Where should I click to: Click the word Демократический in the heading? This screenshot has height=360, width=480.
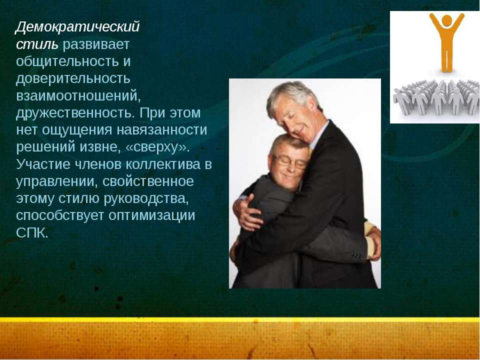click(78, 27)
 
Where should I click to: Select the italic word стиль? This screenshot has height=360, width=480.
click(36, 44)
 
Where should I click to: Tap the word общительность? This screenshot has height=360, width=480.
click(67, 61)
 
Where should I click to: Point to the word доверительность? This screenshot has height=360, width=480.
click(73, 78)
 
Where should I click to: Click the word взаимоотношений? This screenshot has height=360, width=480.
click(78, 96)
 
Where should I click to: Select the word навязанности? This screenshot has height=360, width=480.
click(161, 130)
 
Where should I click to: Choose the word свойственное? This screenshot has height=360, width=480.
click(148, 181)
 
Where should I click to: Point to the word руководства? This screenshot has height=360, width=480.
click(145, 198)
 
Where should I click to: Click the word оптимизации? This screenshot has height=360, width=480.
click(151, 215)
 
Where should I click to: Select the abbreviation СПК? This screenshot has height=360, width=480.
click(32, 233)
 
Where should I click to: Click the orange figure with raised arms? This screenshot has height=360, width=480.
click(446, 42)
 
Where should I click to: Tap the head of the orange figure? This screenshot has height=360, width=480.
click(447, 20)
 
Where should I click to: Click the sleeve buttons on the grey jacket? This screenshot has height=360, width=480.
click(356, 255)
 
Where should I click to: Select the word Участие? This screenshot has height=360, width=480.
click(43, 164)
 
